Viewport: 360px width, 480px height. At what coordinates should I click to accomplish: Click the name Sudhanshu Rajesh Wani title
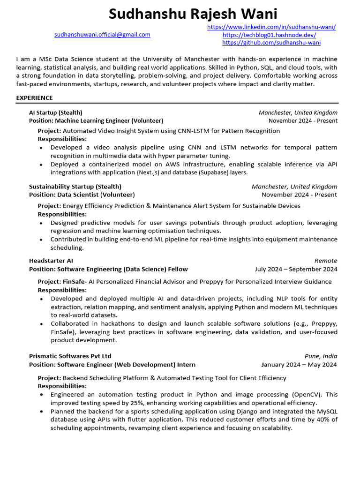[x=193, y=14]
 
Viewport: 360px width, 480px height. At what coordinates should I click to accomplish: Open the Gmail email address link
[x=102, y=35]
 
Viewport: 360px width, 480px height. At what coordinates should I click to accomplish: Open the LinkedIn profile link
[x=271, y=27]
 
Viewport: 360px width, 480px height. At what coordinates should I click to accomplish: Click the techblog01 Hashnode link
[x=269, y=35]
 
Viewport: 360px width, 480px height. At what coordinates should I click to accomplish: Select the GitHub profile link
[x=271, y=43]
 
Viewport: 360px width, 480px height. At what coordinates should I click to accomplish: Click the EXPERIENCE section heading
[x=34, y=98]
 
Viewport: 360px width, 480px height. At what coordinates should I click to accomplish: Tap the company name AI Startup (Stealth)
[x=55, y=112]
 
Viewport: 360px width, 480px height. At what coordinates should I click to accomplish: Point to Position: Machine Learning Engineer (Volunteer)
[x=96, y=120]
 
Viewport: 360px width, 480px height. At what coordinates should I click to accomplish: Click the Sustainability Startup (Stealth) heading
[x=75, y=187]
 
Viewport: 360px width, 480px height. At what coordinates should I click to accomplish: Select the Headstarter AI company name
[x=51, y=261]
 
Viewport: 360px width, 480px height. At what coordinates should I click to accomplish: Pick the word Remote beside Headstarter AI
[x=326, y=261]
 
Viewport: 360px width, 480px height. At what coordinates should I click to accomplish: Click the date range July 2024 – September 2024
[x=296, y=269]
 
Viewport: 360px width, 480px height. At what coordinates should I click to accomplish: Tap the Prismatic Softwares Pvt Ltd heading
[x=70, y=356]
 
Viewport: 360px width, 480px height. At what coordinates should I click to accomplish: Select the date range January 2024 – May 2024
[x=299, y=365]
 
